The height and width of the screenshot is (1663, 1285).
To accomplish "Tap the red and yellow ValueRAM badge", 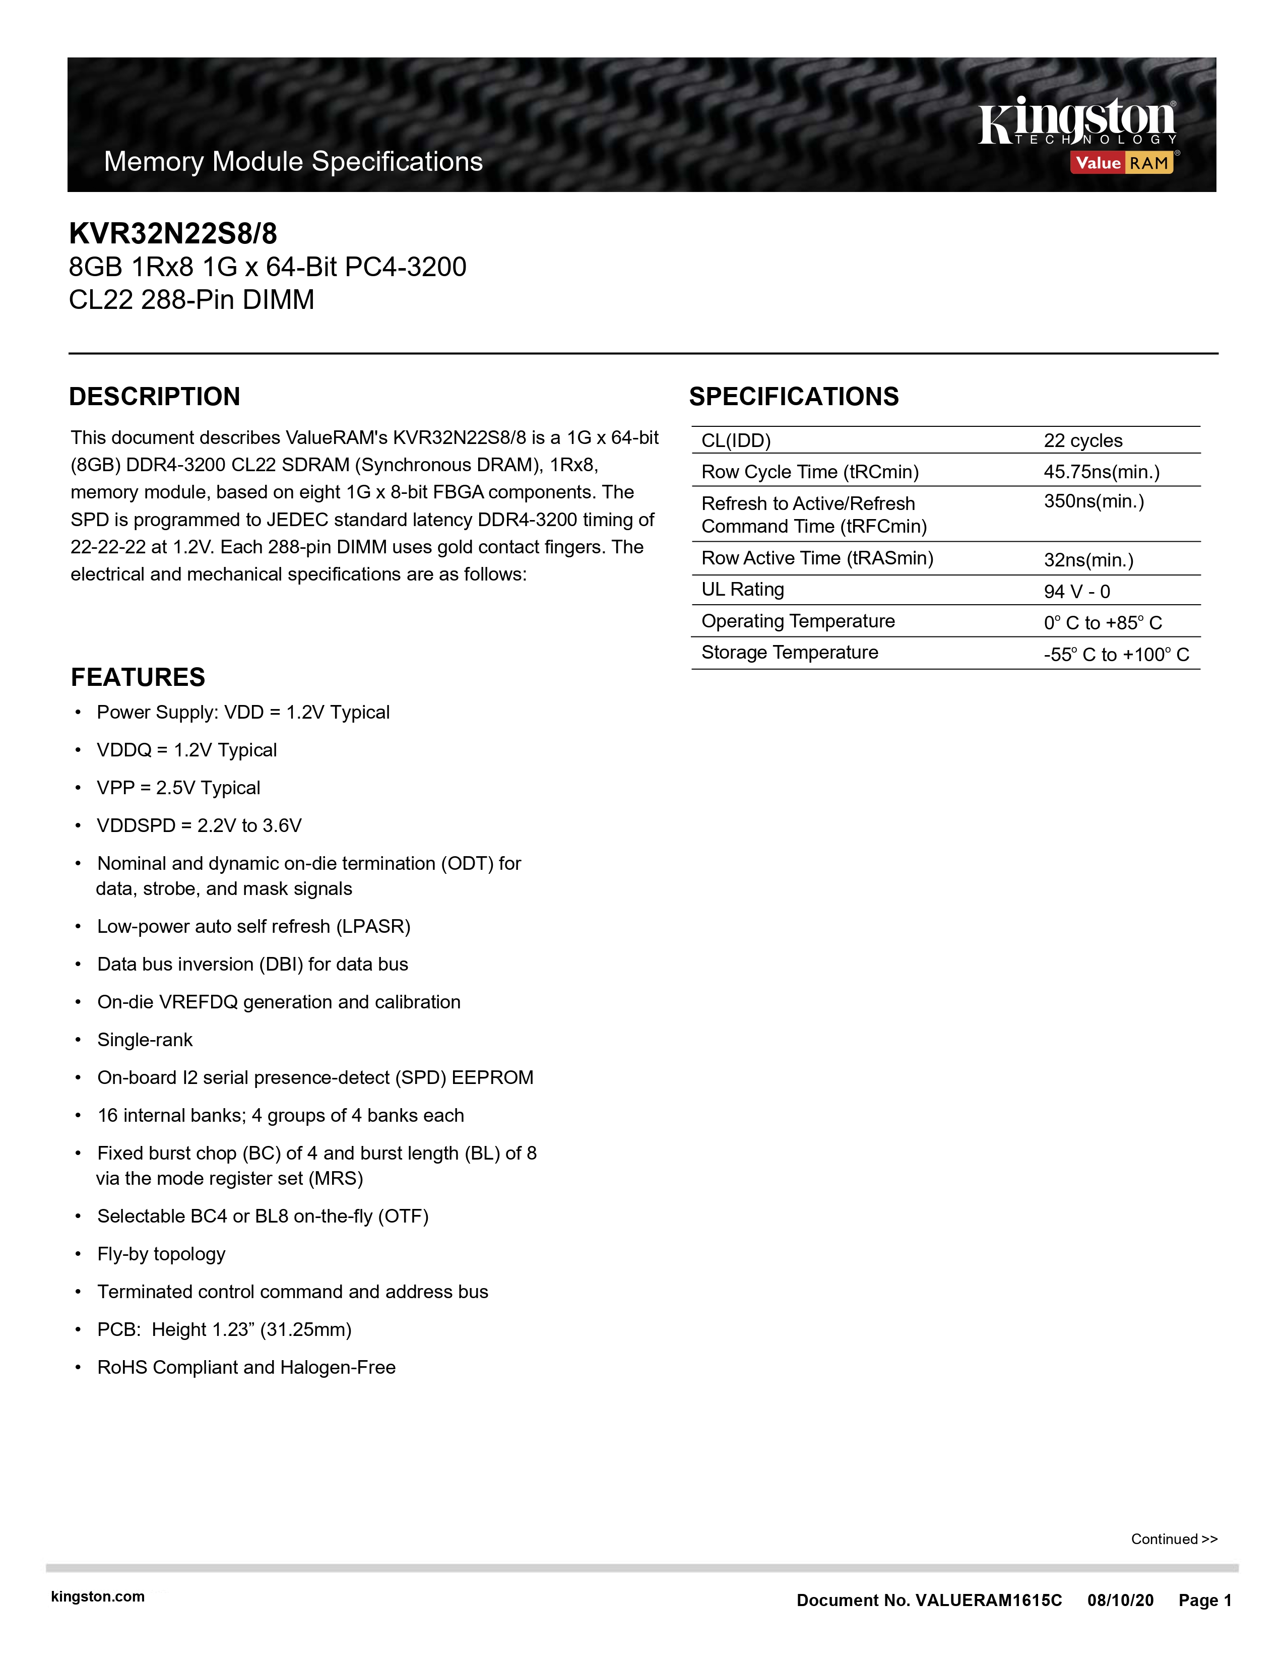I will [1122, 163].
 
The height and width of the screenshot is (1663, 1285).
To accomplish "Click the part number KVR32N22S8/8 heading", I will [173, 233].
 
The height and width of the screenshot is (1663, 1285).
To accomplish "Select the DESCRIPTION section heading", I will [155, 397].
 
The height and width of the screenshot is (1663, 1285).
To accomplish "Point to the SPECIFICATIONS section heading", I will [794, 397].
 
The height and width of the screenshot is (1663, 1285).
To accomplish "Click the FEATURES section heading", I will [138, 677].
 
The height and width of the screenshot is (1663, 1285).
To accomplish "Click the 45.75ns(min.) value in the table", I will [1101, 472].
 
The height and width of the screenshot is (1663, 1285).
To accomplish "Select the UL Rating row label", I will [742, 590].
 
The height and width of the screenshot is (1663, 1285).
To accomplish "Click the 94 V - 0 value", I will [1076, 592].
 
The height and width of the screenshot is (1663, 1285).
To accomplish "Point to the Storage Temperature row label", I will [790, 653].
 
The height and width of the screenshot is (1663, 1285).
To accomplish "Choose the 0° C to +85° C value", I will [1102, 623].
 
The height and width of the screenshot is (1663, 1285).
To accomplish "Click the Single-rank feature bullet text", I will [145, 1040].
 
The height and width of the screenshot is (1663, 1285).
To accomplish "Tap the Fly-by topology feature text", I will [161, 1254].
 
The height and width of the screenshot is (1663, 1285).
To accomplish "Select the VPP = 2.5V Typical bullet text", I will [178, 788].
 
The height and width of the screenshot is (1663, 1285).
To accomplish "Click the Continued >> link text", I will [1174, 1539].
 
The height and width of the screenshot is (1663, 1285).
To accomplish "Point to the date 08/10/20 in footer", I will [1120, 1601].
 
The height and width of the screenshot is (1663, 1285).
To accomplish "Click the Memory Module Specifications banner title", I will [293, 161].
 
